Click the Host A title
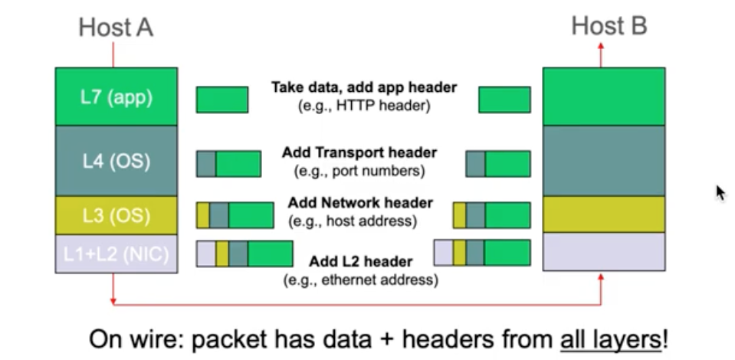(x=116, y=28)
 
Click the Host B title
(x=609, y=26)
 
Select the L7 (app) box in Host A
(x=116, y=97)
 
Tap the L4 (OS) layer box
(x=116, y=161)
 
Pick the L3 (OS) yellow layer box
(x=116, y=215)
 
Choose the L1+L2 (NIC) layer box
(x=116, y=254)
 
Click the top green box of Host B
(x=603, y=97)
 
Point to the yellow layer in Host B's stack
(x=603, y=214)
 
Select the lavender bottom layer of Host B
(x=603, y=252)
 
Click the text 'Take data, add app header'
(x=363, y=87)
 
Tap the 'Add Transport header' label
(x=359, y=152)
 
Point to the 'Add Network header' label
(x=360, y=203)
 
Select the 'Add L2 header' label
(x=360, y=262)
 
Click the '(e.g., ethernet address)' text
(x=360, y=280)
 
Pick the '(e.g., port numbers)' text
(x=359, y=170)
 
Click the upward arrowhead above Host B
(x=600, y=47)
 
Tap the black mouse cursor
(x=720, y=191)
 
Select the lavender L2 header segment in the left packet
(x=205, y=254)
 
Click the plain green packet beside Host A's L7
(x=221, y=100)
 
